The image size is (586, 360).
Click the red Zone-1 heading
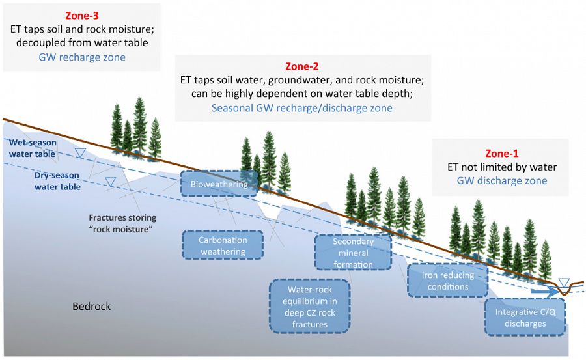pos(501,154)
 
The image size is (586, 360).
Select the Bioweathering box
pos(219,184)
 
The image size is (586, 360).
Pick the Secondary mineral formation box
pos(353,253)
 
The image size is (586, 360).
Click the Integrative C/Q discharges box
pos(525,318)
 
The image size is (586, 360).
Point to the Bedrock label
pos(91,306)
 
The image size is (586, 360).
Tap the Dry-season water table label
pos(57,181)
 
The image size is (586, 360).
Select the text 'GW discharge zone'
pos(501,181)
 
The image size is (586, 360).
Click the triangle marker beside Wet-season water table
pos(80,153)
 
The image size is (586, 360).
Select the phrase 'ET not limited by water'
pos(501,167)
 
